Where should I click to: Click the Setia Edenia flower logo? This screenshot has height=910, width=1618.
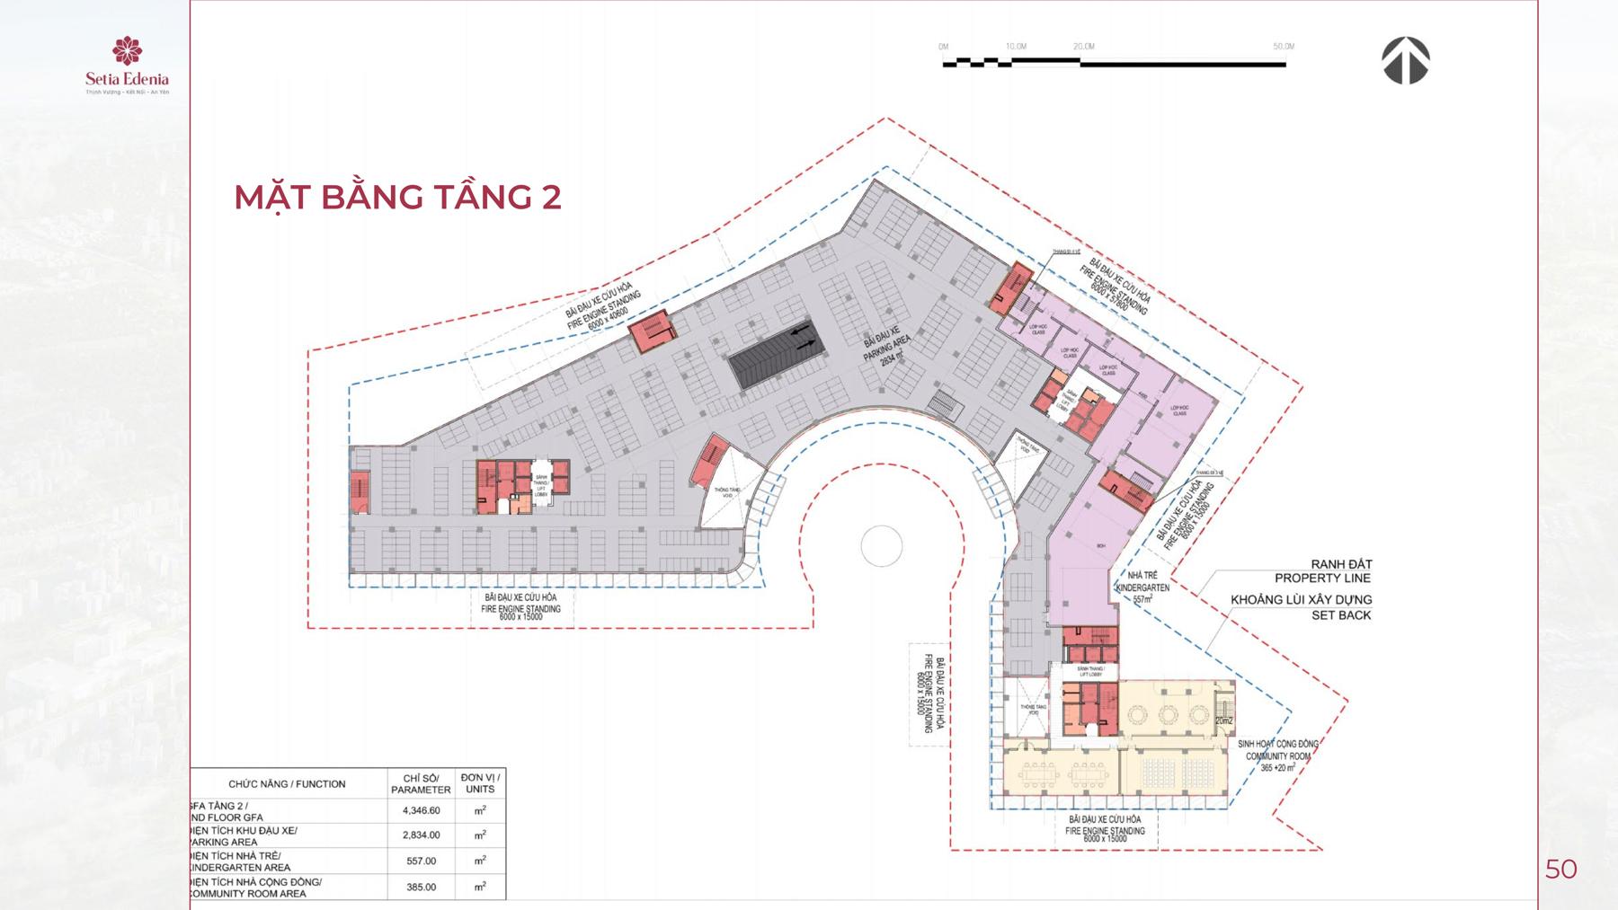[x=127, y=52]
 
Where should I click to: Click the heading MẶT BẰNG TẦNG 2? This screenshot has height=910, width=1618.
[x=397, y=197]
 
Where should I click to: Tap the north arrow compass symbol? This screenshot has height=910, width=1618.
[x=1405, y=61]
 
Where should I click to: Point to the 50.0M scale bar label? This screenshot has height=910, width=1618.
[x=1283, y=47]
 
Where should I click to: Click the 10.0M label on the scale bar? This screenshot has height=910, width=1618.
[x=1017, y=47]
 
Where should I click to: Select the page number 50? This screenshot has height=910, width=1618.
[x=1560, y=869]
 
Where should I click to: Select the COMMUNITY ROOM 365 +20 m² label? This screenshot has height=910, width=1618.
[x=1276, y=755]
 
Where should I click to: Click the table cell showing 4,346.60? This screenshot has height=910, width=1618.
[x=421, y=810]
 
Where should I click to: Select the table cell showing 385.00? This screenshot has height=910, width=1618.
[x=421, y=887]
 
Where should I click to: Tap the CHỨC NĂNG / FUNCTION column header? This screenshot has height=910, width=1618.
[x=287, y=783]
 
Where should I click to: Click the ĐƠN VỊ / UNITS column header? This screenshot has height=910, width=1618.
[x=480, y=782]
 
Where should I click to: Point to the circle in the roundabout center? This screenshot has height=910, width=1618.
[x=881, y=545]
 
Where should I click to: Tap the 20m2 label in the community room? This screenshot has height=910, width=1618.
[x=1223, y=720]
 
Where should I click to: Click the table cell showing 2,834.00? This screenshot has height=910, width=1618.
[x=421, y=835]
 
